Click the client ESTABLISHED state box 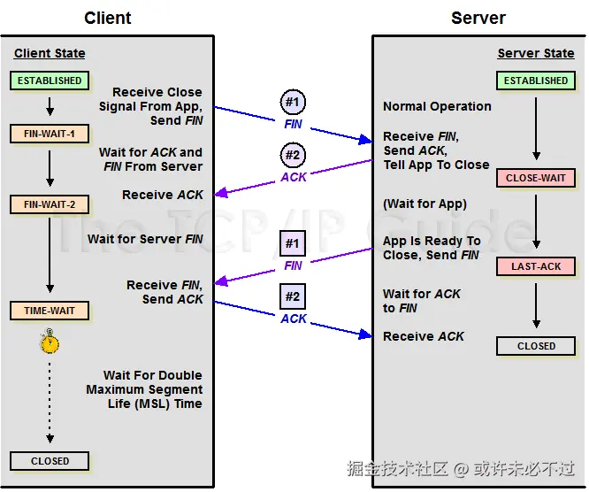pyautogui.click(x=50, y=81)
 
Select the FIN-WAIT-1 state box pyautogui.click(x=50, y=135)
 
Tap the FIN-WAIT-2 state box pyautogui.click(x=50, y=205)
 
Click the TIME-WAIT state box pyautogui.click(x=50, y=311)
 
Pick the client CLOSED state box pyautogui.click(x=50, y=461)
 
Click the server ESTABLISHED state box pyautogui.click(x=536, y=81)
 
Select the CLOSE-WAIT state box pyautogui.click(x=536, y=178)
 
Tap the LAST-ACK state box pyautogui.click(x=536, y=266)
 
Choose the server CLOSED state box pyautogui.click(x=536, y=346)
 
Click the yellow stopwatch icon pyautogui.click(x=50, y=342)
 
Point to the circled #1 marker pyautogui.click(x=294, y=102)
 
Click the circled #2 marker pyautogui.click(x=294, y=155)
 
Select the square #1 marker pyautogui.click(x=294, y=243)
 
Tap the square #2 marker pyautogui.click(x=294, y=296)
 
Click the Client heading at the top pyautogui.click(x=108, y=18)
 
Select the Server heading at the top pyautogui.click(x=478, y=18)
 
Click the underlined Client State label pyautogui.click(x=50, y=54)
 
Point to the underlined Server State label pyautogui.click(x=536, y=54)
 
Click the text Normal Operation pyautogui.click(x=437, y=106)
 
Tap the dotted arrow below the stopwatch pyautogui.click(x=50, y=398)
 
